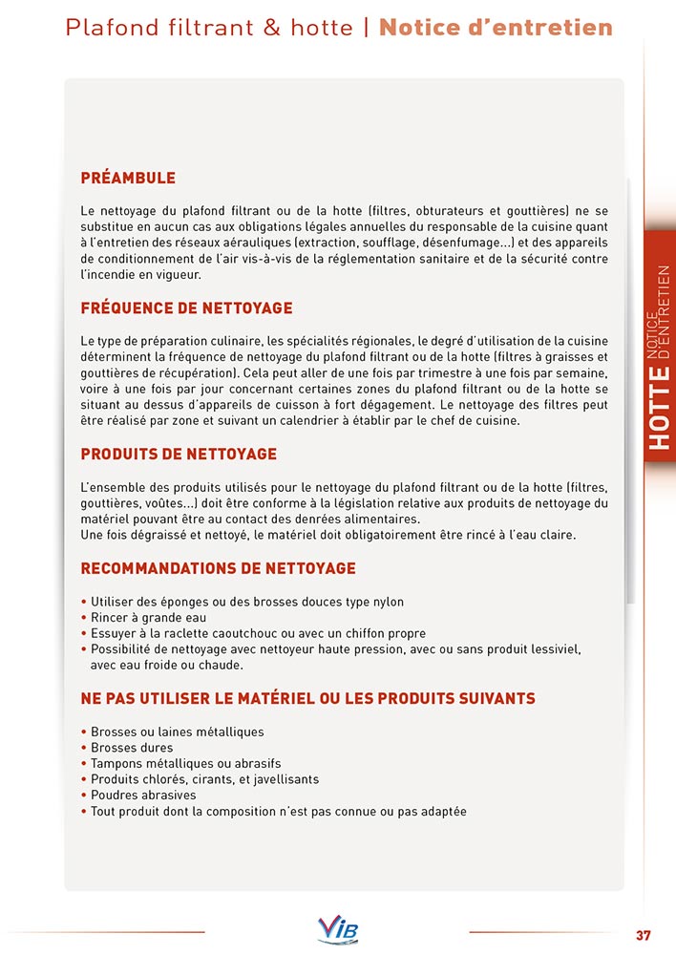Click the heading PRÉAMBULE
pyautogui.click(x=128, y=179)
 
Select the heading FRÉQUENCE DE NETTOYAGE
pyautogui.click(x=186, y=308)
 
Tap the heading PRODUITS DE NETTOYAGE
pyautogui.click(x=179, y=454)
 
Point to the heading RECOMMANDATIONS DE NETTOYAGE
pyautogui.click(x=218, y=568)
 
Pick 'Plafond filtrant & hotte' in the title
pyautogui.click(x=209, y=27)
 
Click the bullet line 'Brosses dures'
pyautogui.click(x=132, y=748)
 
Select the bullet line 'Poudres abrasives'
pyautogui.click(x=143, y=796)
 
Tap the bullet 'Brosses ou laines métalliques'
pyautogui.click(x=178, y=732)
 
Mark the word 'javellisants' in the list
pyautogui.click(x=282, y=779)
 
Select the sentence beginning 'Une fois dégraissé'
pyautogui.click(x=328, y=535)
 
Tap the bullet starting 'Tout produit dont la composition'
pyautogui.click(x=278, y=812)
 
